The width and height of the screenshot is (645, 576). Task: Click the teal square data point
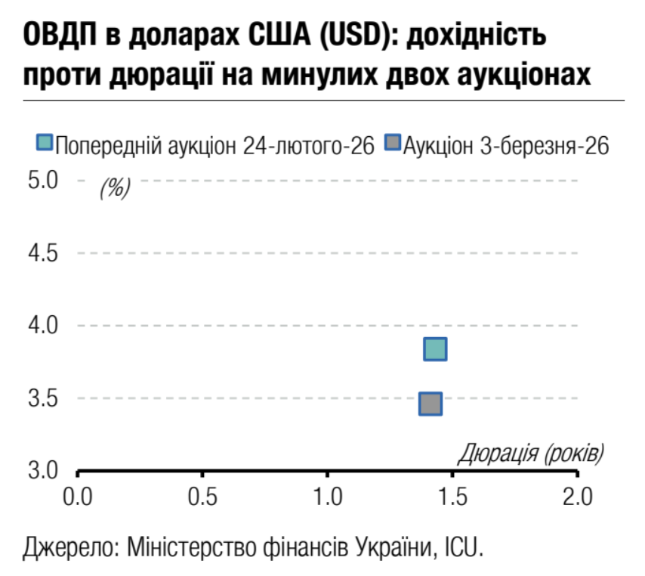click(x=436, y=349)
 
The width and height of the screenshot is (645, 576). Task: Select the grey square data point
click(x=430, y=404)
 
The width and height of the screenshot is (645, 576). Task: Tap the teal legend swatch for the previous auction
click(x=45, y=144)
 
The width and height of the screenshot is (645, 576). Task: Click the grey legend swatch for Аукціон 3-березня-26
click(x=392, y=144)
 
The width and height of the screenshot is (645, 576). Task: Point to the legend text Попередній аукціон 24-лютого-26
click(x=214, y=144)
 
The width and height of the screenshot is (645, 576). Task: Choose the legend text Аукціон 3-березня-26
click(x=505, y=144)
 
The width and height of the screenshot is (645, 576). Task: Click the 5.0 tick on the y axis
click(x=43, y=181)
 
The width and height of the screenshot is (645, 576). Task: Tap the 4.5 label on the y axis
click(x=43, y=253)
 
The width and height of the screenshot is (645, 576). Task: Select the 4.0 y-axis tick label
click(x=43, y=326)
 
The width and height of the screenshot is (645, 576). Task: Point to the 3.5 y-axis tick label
click(x=43, y=398)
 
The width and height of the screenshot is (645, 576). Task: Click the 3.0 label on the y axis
click(x=43, y=470)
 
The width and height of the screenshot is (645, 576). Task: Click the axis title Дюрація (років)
click(x=531, y=454)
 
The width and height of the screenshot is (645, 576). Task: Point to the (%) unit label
click(x=115, y=187)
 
